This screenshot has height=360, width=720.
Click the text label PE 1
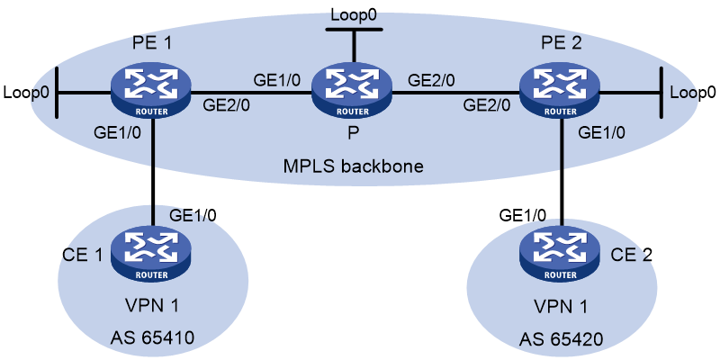click(x=151, y=44)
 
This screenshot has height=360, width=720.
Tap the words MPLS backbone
click(x=352, y=166)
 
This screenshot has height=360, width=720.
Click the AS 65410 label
click(x=152, y=339)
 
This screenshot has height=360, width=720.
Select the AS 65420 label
click(x=561, y=340)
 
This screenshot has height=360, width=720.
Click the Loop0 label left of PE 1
click(x=25, y=93)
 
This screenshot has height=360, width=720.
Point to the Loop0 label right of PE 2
click(x=693, y=93)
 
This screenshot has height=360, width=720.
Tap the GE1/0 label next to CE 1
click(x=193, y=214)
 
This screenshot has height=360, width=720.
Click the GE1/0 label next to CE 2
click(x=524, y=214)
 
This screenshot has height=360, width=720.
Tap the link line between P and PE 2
click(x=456, y=94)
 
